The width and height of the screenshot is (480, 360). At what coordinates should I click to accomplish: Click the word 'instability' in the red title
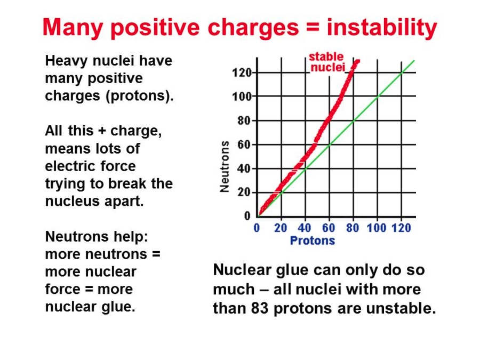click(x=382, y=28)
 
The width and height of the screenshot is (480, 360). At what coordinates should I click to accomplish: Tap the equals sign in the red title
click(x=312, y=28)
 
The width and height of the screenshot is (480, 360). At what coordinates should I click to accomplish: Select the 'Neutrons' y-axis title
click(x=225, y=166)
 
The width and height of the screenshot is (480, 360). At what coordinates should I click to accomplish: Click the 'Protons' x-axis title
click(x=312, y=241)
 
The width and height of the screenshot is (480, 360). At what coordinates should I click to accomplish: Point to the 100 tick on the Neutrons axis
click(x=242, y=97)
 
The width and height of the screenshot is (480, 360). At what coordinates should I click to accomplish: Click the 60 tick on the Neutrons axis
click(x=244, y=145)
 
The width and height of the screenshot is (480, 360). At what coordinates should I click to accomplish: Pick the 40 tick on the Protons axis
click(x=305, y=228)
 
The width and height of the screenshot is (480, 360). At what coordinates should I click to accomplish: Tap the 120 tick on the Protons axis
click(x=401, y=228)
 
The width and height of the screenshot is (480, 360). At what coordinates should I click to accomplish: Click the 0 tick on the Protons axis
click(x=257, y=228)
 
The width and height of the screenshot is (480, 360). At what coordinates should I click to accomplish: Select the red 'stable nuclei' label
click(x=326, y=62)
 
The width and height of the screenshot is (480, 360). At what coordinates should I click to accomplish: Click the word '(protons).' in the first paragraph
click(x=140, y=96)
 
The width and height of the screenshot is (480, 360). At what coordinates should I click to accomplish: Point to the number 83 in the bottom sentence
click(x=260, y=308)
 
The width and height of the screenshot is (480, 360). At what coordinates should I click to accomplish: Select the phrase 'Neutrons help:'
click(x=97, y=237)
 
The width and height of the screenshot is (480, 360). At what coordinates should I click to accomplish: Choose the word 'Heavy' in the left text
click(x=66, y=61)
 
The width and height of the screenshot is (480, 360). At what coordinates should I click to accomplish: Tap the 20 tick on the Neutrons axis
click(x=244, y=192)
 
